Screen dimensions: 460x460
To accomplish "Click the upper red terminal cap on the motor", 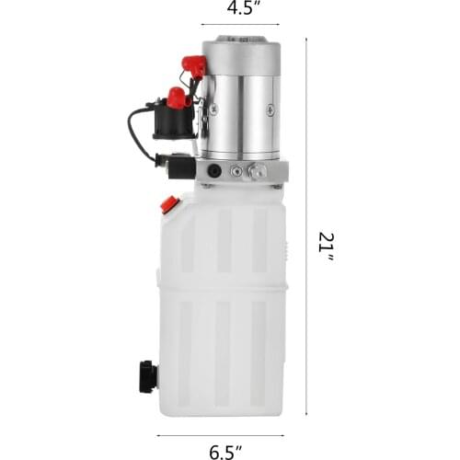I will point(194,65).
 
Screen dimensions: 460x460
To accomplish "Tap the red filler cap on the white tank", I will point(168,204).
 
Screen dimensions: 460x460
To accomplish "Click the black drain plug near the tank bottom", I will point(147,374).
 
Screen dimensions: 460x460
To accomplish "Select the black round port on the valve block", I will point(213,170).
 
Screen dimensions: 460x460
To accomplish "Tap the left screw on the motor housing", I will point(213,109).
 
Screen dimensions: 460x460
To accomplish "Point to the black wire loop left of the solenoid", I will point(136,133).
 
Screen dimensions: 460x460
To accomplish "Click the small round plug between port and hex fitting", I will point(236,170).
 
